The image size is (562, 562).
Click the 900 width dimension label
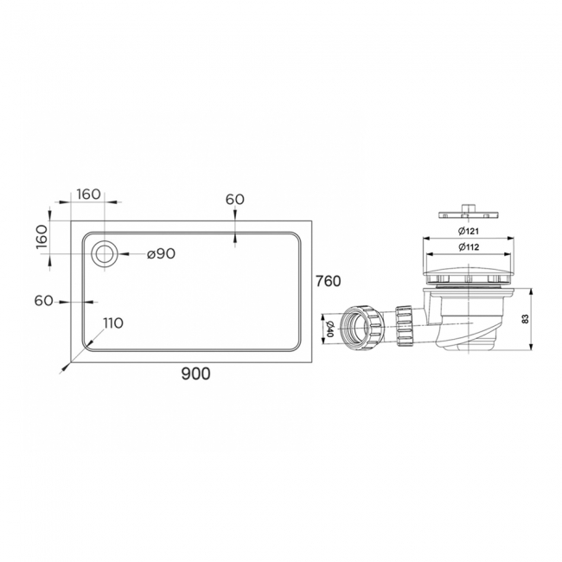point(195,374)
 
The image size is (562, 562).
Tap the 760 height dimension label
point(328,281)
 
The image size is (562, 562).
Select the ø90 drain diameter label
point(162,254)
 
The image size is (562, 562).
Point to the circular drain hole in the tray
point(105,253)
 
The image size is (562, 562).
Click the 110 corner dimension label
point(113,323)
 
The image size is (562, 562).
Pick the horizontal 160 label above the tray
point(88,195)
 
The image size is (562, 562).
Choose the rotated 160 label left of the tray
point(42,237)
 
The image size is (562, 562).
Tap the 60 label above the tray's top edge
point(235,199)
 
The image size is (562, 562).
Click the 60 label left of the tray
point(44,301)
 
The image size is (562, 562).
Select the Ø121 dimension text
point(469,231)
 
